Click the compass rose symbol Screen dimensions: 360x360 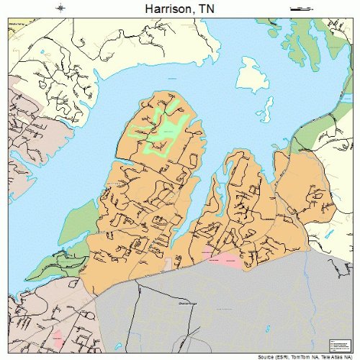(60, 9)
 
